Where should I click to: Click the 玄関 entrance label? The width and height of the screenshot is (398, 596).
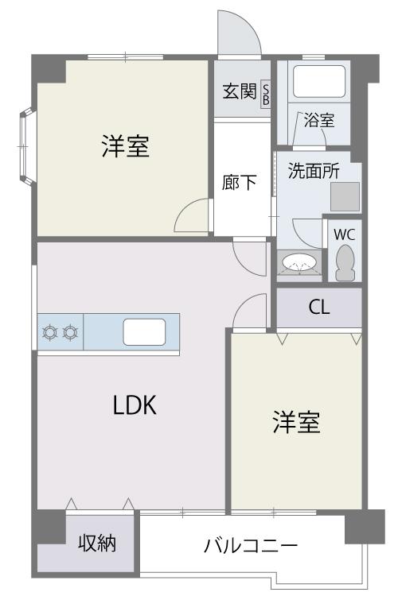[239, 91]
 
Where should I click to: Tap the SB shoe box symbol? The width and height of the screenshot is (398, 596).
[265, 94]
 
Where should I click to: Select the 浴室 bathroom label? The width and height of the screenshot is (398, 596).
[319, 121]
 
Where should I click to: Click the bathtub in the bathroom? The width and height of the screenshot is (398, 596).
[319, 82]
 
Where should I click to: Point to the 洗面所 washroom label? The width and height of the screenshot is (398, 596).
[314, 171]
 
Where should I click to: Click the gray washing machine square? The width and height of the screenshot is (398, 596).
[345, 196]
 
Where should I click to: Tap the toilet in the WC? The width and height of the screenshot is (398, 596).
[345, 262]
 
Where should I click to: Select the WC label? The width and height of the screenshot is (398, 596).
[345, 235]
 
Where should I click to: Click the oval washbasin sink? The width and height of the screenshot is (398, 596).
[300, 263]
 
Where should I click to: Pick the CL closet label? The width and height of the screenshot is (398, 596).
[319, 307]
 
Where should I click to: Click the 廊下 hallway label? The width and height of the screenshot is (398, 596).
[239, 183]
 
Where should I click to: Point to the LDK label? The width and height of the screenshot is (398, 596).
[135, 405]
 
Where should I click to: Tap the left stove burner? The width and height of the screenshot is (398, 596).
[50, 333]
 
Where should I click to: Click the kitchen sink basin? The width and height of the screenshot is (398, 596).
[144, 332]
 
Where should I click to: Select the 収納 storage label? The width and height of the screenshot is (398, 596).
[97, 543]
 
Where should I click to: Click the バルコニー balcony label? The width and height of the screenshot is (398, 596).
[251, 546]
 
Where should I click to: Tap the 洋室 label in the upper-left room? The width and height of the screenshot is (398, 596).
[126, 146]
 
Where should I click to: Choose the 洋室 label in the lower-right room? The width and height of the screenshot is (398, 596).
[296, 422]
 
